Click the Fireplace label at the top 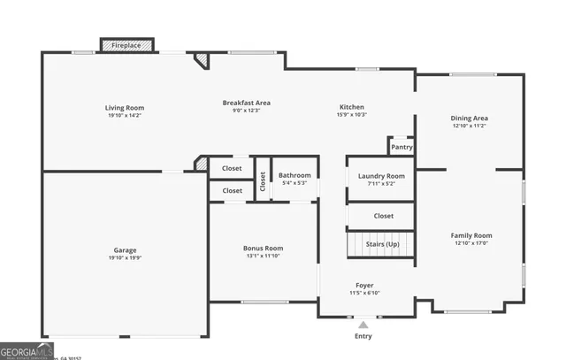[126, 43]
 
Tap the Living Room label [125, 108]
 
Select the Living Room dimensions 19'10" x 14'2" [125, 115]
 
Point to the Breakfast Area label [246, 103]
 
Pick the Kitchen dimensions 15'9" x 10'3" [351, 115]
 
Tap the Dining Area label [470, 118]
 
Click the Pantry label [402, 147]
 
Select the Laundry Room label [381, 176]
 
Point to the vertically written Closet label [263, 180]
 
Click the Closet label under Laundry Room [383, 215]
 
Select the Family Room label [470, 235]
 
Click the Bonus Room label [263, 248]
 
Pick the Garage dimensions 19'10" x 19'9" [125, 258]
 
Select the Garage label [125, 250]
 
